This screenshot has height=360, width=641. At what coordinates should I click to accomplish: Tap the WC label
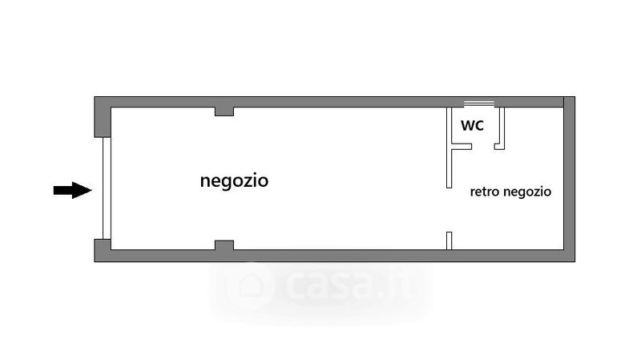click(471, 126)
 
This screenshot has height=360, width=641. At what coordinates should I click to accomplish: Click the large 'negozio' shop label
click(234, 181)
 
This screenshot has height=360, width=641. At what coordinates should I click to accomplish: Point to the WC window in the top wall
click(479, 103)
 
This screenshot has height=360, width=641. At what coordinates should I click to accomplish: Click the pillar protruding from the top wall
click(224, 111)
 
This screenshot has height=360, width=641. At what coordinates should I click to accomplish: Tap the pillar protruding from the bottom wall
click(224, 245)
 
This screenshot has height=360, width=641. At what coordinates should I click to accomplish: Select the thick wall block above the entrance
click(102, 117)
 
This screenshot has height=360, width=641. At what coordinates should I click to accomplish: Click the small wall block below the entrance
click(103, 249)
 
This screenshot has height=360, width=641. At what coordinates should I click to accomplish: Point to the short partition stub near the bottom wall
click(450, 240)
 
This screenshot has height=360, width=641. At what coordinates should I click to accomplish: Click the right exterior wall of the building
click(569, 180)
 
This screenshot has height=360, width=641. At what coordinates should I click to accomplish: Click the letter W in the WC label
click(466, 126)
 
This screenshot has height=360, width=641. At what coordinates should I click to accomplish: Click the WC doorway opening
click(482, 147)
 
